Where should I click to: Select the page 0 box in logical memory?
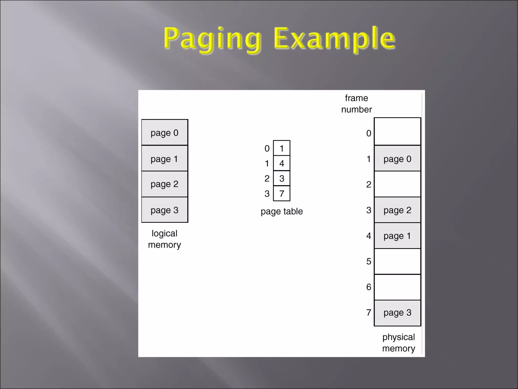click(164, 132)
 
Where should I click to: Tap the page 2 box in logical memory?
click(164, 184)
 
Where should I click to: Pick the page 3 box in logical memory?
click(164, 210)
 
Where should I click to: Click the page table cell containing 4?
click(282, 163)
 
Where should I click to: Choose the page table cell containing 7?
click(282, 193)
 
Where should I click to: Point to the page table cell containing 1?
click(282, 148)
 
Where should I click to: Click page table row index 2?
click(267, 179)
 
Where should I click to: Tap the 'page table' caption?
click(282, 211)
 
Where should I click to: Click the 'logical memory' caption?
click(164, 239)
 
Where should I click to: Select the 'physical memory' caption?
click(398, 343)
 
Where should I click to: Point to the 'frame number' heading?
click(356, 104)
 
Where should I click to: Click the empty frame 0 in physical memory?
click(397, 132)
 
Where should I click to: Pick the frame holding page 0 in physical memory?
click(397, 159)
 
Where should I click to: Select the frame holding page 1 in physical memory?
click(397, 236)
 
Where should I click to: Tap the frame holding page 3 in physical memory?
click(397, 313)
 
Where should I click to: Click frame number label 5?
click(369, 261)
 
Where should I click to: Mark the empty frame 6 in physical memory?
click(397, 287)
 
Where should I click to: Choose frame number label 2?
click(369, 184)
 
